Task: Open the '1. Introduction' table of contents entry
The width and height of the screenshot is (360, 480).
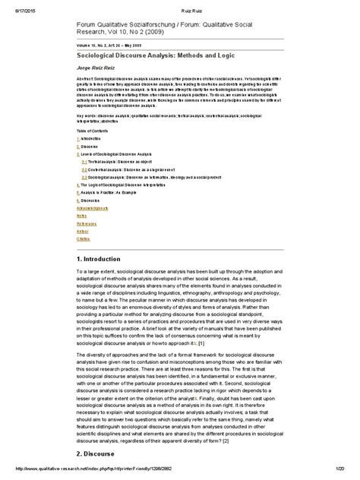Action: [92, 140]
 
